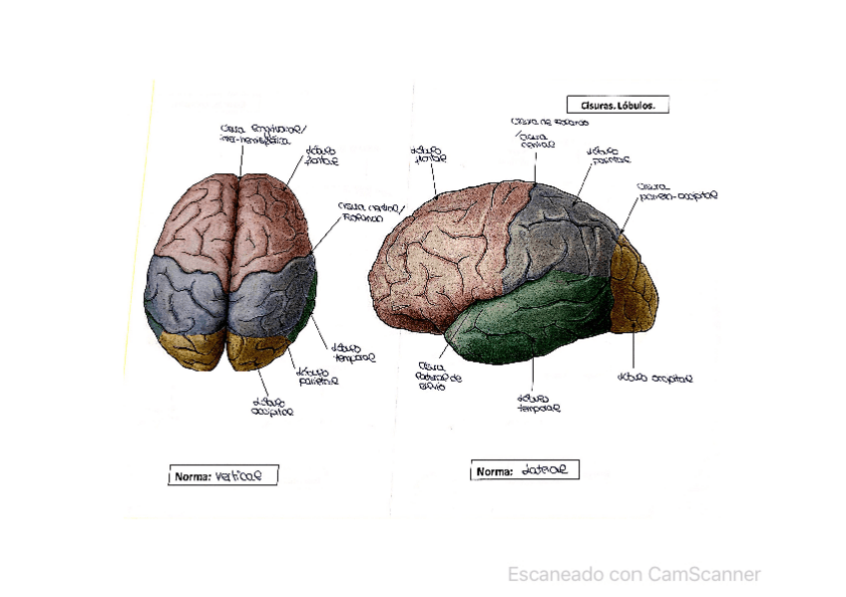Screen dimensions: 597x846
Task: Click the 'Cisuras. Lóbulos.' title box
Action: (617, 105)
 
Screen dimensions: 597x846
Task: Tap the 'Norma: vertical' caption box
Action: (221, 476)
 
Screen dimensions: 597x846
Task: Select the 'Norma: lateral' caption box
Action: (525, 470)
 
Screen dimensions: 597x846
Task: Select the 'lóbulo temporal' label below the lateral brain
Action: (538, 402)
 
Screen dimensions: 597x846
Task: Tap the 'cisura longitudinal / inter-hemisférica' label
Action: (263, 135)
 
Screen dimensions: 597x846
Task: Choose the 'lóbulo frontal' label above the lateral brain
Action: (428, 154)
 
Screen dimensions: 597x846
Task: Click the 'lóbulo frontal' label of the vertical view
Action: (321, 155)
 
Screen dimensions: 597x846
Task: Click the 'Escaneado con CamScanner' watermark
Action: (634, 574)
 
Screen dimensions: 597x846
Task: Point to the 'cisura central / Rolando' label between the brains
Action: (370, 211)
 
